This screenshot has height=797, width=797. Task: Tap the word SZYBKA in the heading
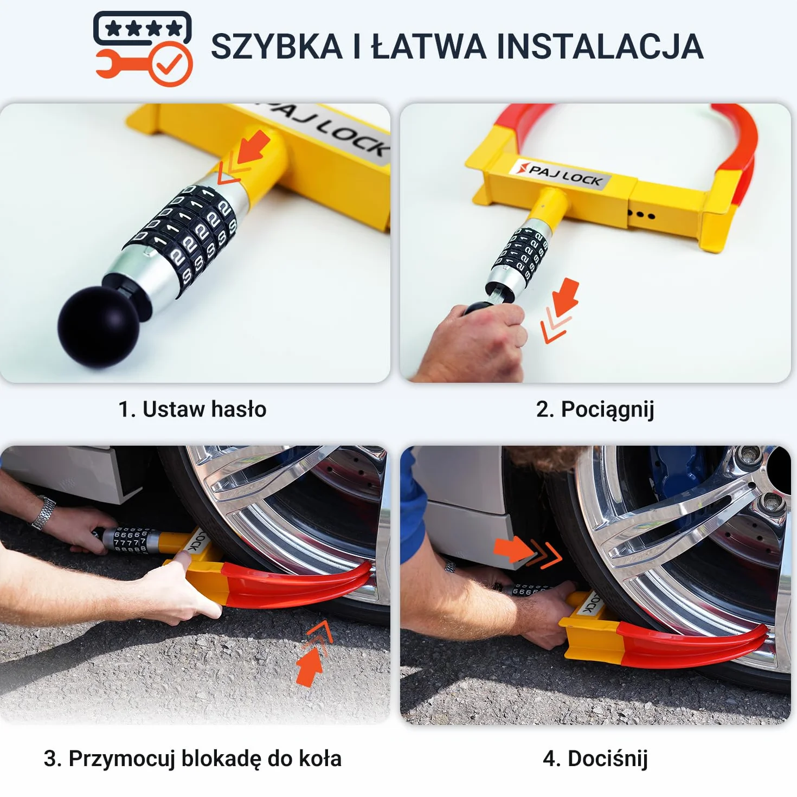pos(277,46)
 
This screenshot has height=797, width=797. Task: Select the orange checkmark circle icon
pos(170,64)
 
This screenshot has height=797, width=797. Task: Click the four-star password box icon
pos(142,28)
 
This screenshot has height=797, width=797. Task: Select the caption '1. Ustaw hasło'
pos(192,409)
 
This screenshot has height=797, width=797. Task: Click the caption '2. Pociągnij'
pos(595,410)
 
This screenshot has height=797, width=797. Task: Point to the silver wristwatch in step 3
pos(43,513)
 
